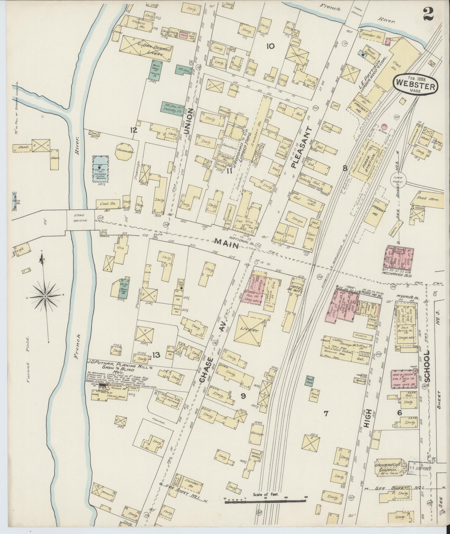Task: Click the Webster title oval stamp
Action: click(415, 84)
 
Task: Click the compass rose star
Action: click(45, 296)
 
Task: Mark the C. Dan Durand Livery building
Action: click(146, 49)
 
